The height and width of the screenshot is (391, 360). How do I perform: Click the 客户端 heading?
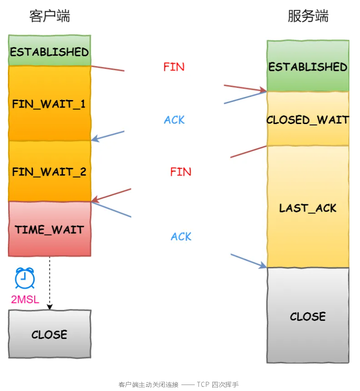click(x=49, y=16)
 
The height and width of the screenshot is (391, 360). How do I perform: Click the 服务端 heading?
click(x=308, y=16)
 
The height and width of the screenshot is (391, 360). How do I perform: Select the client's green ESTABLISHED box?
click(x=49, y=51)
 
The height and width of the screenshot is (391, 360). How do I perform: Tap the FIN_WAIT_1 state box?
click(x=49, y=103)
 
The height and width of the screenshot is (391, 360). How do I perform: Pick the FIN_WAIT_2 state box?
click(x=49, y=172)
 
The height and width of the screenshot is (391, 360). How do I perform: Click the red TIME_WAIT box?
click(x=49, y=229)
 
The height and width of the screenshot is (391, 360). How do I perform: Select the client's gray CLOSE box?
click(x=49, y=334)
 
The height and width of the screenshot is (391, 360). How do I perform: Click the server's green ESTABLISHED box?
click(x=308, y=66)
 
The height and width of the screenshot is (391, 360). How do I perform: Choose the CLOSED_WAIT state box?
click(x=308, y=119)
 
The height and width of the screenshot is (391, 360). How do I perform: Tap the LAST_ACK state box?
click(x=308, y=207)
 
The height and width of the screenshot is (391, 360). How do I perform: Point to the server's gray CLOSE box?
click(x=308, y=316)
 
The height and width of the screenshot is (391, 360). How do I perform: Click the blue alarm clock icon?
click(x=24, y=278)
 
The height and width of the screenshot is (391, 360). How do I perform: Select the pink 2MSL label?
click(x=25, y=300)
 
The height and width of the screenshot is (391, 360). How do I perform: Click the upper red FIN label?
click(x=174, y=67)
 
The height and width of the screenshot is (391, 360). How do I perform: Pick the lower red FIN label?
click(x=180, y=172)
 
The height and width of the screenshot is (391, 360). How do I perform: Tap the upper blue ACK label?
click(x=174, y=120)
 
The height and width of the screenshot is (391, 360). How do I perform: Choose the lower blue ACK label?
click(x=181, y=237)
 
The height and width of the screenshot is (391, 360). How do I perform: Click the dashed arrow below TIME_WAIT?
click(x=49, y=282)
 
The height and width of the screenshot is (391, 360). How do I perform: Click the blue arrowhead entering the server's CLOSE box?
click(x=263, y=265)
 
